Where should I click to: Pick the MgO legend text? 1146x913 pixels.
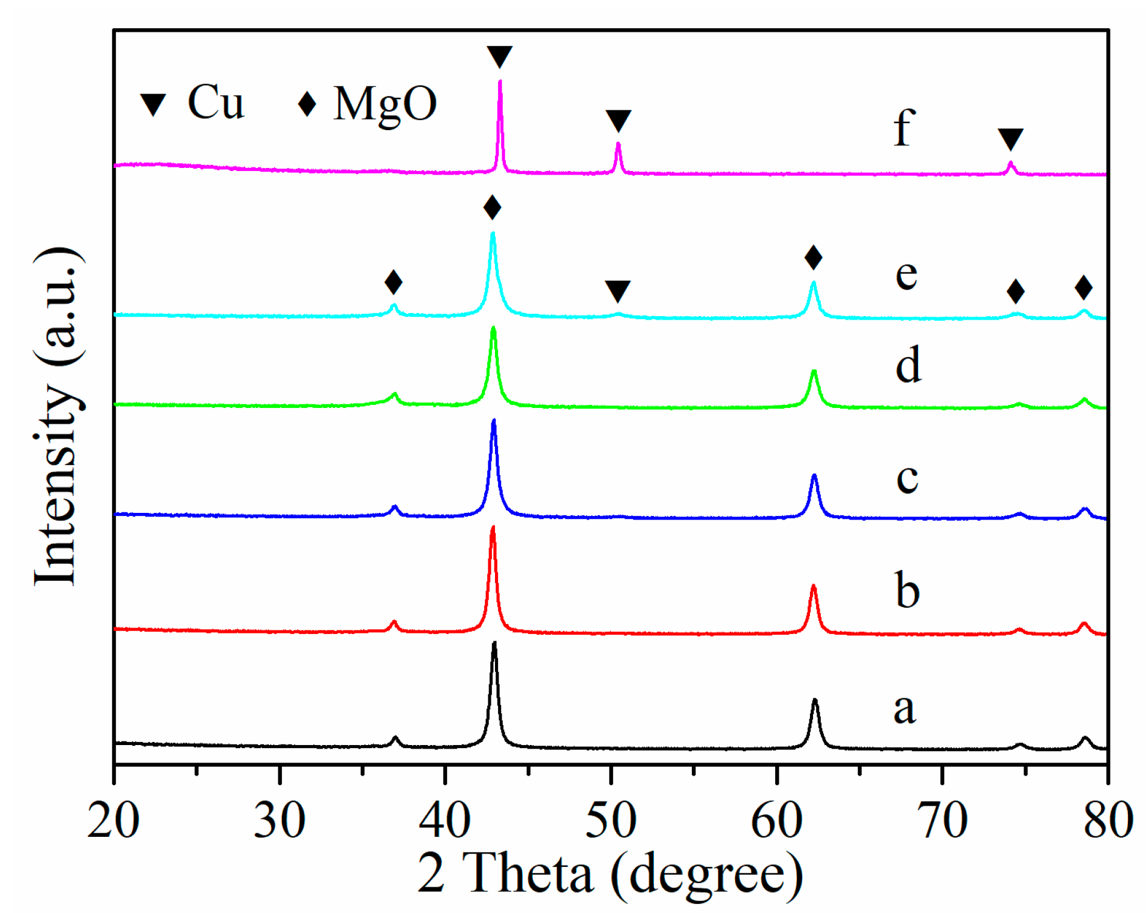point(385,104)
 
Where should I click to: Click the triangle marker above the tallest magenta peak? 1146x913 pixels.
point(499,56)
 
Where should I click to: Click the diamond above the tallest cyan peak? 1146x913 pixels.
point(492,208)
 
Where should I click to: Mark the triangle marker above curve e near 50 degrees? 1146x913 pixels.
point(617,290)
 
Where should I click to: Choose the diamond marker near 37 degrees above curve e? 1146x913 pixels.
point(393,281)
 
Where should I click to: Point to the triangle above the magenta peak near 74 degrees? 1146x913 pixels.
point(1010,139)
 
